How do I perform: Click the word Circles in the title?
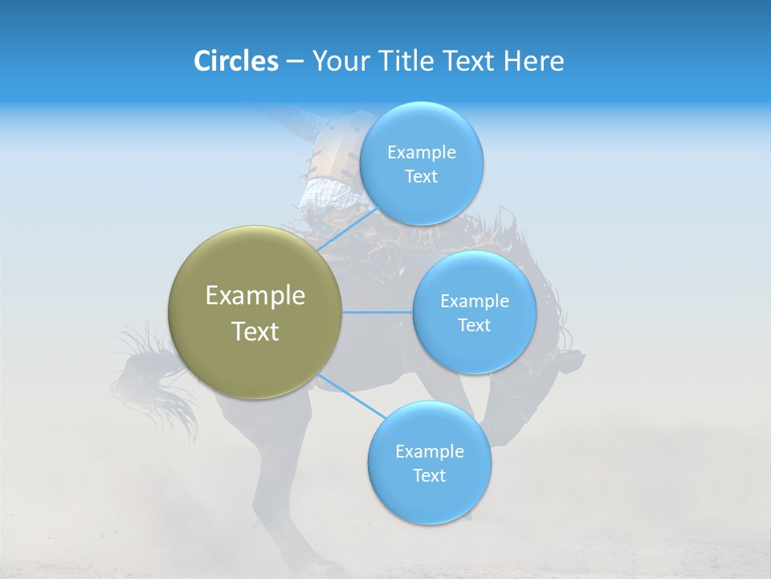pyautogui.click(x=235, y=61)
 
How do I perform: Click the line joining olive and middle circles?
pyautogui.click(x=377, y=312)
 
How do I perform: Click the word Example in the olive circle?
pyautogui.click(x=255, y=296)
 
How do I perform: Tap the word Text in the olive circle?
pyautogui.click(x=255, y=331)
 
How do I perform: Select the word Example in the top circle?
pyautogui.click(x=421, y=153)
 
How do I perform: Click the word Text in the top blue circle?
pyautogui.click(x=421, y=177)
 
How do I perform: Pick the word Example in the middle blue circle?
pyautogui.click(x=474, y=302)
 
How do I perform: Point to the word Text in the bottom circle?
pyautogui.click(x=429, y=475)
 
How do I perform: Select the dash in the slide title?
pyautogui.click(x=295, y=62)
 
